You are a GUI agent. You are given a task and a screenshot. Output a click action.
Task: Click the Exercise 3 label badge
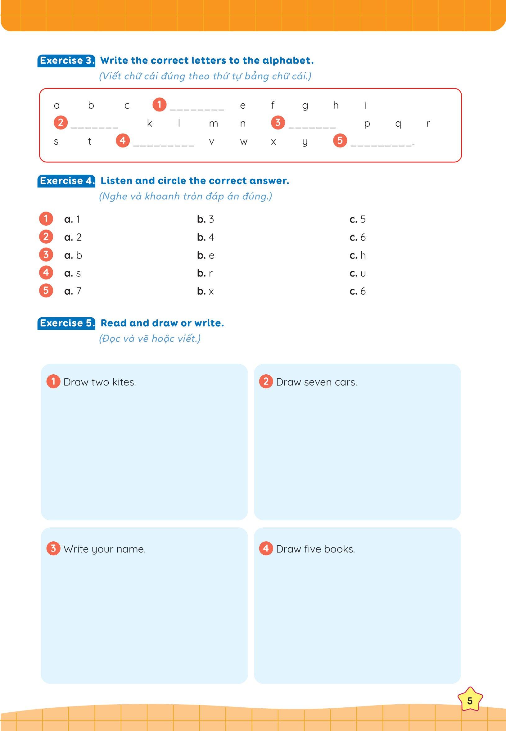point(66,61)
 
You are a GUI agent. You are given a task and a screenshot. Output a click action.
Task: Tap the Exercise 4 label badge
point(66,181)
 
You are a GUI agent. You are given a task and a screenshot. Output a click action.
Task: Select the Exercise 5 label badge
point(66,323)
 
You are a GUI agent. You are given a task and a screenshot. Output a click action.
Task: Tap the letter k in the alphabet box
point(149,123)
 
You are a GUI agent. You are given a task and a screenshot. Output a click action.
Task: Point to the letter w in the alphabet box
point(243,142)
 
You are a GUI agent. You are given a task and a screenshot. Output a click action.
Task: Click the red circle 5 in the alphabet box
point(340,140)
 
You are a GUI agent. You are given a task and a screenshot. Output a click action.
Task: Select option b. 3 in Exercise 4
point(206,219)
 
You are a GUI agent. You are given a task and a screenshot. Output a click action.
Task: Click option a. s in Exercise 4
point(73,273)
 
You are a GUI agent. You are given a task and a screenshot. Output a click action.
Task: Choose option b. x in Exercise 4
point(206,291)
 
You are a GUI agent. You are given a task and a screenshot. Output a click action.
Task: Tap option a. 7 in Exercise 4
point(73,291)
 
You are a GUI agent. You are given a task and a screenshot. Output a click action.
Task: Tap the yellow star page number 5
point(470,701)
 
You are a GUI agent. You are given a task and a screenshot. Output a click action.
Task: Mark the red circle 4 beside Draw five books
point(266,548)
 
